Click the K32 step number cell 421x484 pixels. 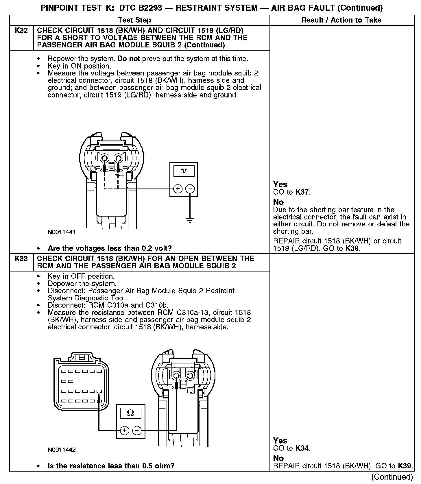pyautogui.click(x=21, y=31)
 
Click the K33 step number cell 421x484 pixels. pyautogui.click(x=21, y=258)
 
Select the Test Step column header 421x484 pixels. pyautogui.click(x=134, y=20)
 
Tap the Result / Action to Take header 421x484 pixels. pyautogui.click(x=341, y=20)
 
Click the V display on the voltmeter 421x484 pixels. pyautogui.click(x=184, y=171)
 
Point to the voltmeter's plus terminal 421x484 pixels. pyautogui.click(x=178, y=189)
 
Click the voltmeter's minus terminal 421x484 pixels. pyautogui.click(x=190, y=189)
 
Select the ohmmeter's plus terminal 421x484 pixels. pyautogui.click(x=125, y=431)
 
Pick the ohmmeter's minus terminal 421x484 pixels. pyautogui.click(x=137, y=431)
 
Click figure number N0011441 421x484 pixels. pyautogui.click(x=62, y=232)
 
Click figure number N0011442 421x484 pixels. pyautogui.click(x=62, y=450)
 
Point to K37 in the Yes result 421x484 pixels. pyautogui.click(x=302, y=192)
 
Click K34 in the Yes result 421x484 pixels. pyautogui.click(x=302, y=448)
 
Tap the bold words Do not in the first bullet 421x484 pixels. pyautogui.click(x=129, y=59)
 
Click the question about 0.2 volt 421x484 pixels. pyautogui.click(x=110, y=248)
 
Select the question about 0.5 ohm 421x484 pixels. pyautogui.click(x=111, y=466)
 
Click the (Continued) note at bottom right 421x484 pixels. pyautogui.click(x=392, y=476)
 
